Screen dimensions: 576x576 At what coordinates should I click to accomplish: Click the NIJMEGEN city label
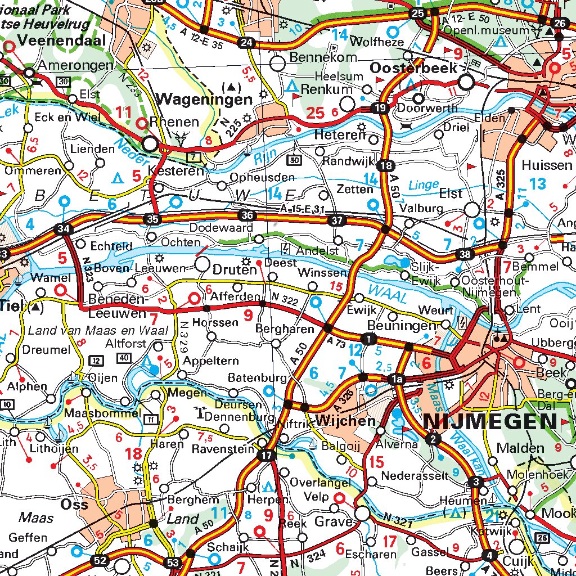[x=489, y=421]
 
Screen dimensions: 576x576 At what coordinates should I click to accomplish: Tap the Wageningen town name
[x=205, y=100]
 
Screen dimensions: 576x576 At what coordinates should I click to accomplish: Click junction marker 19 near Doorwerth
[x=381, y=107]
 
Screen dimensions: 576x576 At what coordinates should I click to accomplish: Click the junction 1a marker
[x=397, y=380]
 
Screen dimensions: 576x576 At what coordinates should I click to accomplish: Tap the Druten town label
[x=235, y=269]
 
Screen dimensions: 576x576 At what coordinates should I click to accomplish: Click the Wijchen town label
[x=345, y=421]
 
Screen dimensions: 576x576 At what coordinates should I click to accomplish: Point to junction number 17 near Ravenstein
[x=266, y=456]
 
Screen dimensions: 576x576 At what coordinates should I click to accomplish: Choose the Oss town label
[x=74, y=503]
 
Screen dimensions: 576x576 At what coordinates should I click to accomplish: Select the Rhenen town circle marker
[x=150, y=143]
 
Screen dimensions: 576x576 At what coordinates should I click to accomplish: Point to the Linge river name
[x=423, y=184]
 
